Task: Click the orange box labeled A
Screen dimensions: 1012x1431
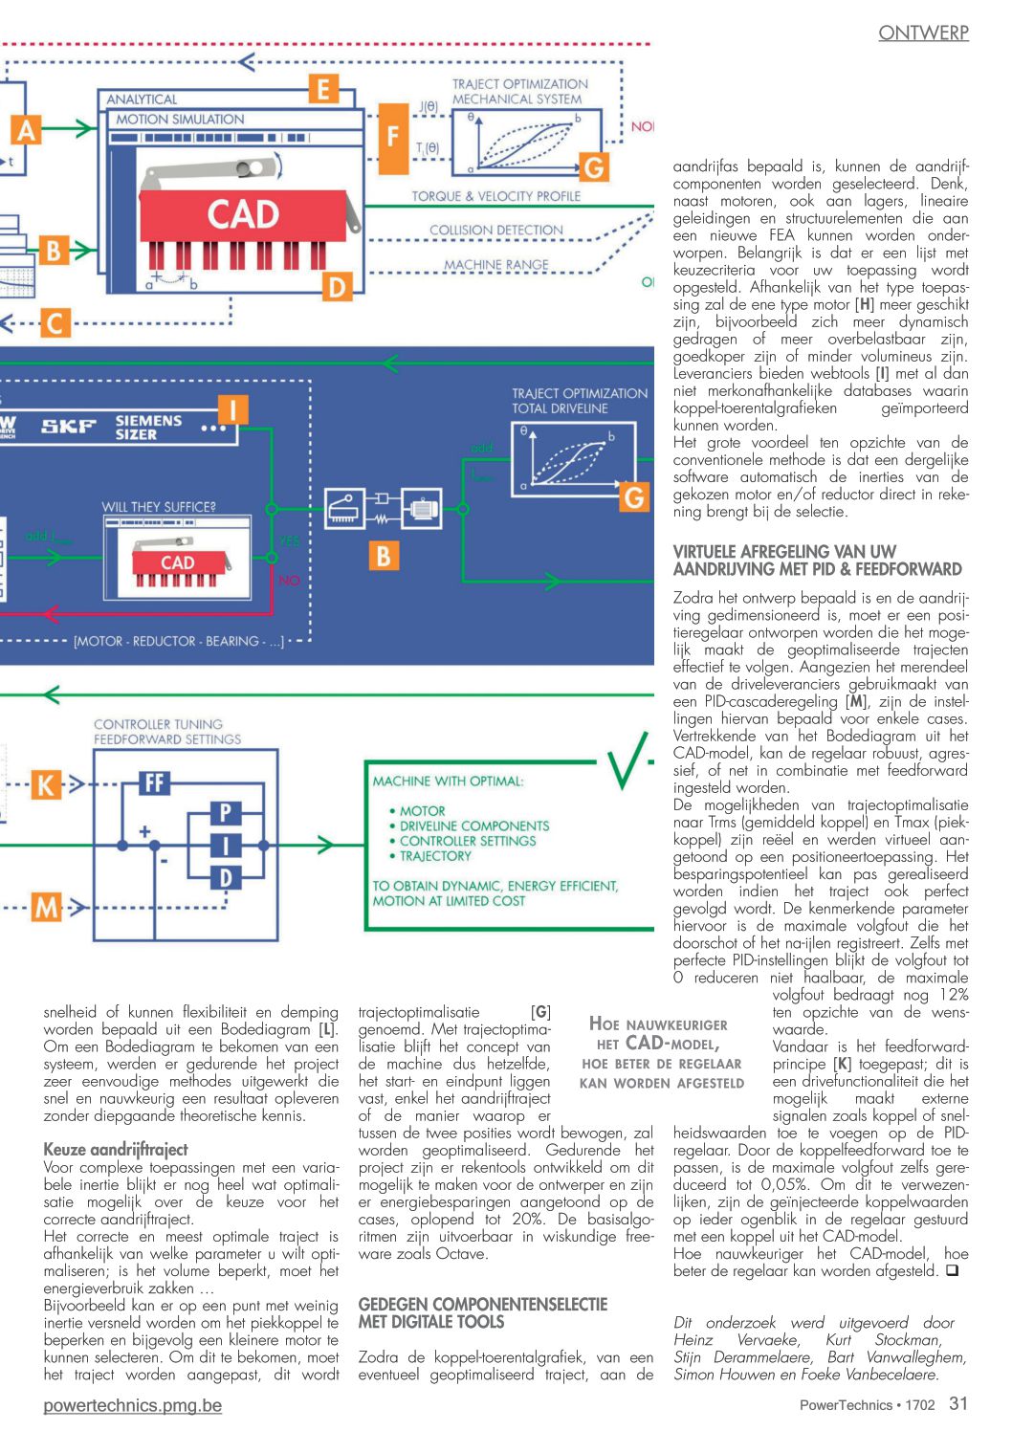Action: pos(25,130)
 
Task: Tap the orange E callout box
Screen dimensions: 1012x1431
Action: pos(323,89)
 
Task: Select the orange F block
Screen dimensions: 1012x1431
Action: pos(393,138)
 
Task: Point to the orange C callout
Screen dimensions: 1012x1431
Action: pos(55,323)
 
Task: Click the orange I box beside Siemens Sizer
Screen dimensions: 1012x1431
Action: pos(232,409)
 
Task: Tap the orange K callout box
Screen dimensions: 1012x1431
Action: pos(46,784)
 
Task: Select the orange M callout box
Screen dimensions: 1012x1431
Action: pos(46,907)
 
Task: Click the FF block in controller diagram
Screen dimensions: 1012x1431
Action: pos(154,782)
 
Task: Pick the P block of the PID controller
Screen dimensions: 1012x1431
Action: pos(226,813)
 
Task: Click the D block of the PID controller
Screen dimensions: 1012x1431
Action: pos(226,877)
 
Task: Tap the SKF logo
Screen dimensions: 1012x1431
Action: pos(68,426)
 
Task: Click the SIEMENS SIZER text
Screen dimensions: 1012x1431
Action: pos(148,428)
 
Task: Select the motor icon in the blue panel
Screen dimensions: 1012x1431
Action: pos(421,509)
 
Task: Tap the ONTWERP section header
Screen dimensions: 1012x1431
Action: pos(923,33)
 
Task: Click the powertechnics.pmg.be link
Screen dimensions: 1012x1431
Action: pos(132,1405)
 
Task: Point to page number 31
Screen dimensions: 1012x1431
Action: pos(958,1403)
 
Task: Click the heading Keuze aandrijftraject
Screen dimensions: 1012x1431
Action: pos(116,1149)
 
